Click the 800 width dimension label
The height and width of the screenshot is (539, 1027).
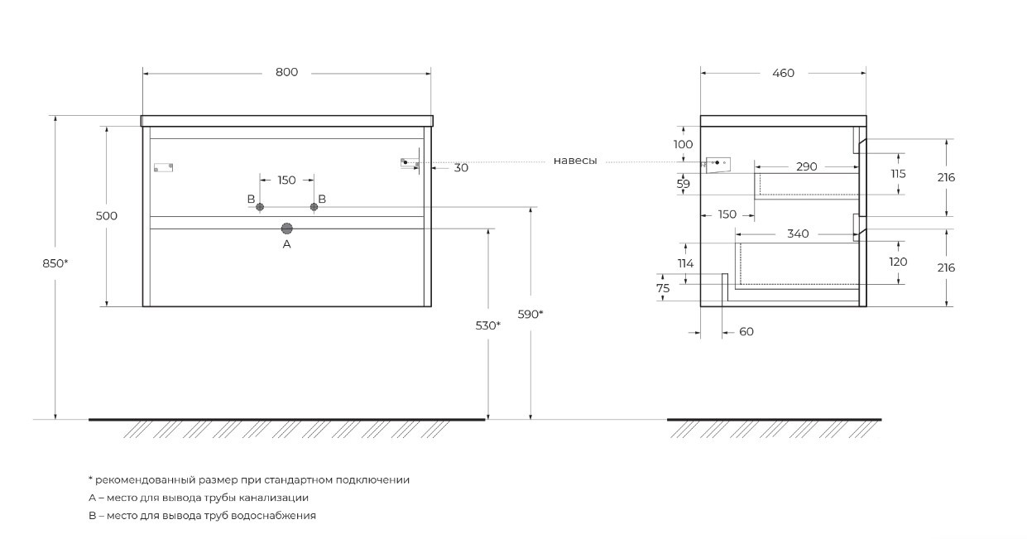click(286, 73)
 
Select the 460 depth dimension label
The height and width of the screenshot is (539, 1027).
click(783, 73)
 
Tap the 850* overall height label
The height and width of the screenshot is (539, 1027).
click(55, 263)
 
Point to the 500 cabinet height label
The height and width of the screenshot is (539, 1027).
click(107, 216)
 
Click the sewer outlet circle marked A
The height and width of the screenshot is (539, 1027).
click(287, 229)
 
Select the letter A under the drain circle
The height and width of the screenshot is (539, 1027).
click(287, 245)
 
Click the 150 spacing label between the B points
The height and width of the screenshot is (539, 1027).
click(286, 180)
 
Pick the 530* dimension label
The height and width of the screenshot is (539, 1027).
click(488, 325)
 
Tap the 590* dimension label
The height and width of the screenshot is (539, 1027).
click(530, 314)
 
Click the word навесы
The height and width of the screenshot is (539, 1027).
click(575, 161)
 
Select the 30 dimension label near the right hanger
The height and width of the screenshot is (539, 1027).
click(461, 168)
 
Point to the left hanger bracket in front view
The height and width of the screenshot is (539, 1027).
click(163, 167)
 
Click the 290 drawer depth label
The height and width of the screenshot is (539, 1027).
click(806, 166)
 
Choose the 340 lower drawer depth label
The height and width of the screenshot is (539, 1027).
click(798, 234)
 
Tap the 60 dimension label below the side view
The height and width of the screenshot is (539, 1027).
click(746, 332)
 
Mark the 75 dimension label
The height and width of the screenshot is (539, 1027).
click(663, 288)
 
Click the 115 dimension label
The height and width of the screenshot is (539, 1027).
click(899, 174)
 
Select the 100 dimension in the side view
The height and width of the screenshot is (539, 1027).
click(683, 144)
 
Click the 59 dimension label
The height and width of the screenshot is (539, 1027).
click(683, 185)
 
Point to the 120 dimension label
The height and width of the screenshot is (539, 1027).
click(899, 262)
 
